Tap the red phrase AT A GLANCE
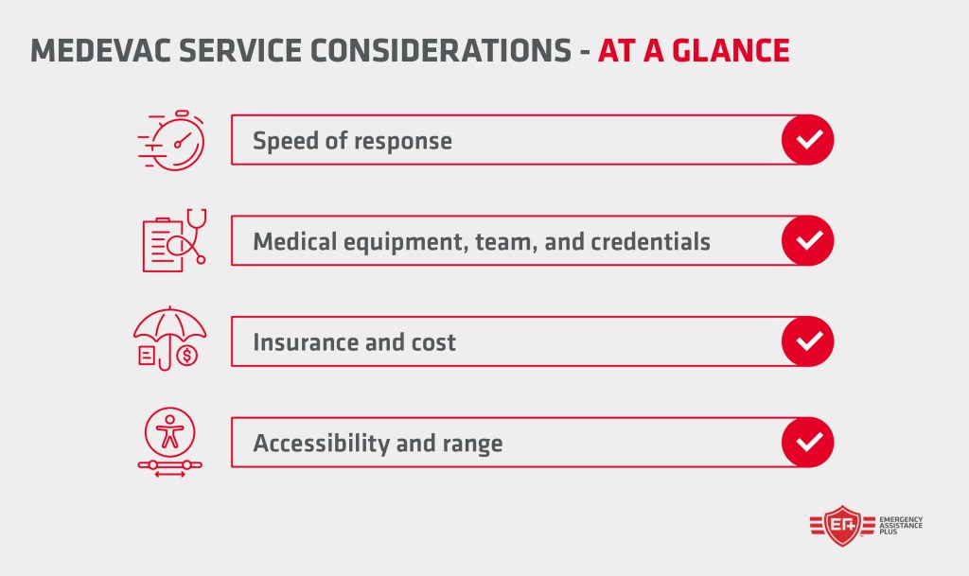point(694,51)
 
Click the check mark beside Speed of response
point(807,141)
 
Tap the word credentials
point(650,241)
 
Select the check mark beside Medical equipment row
point(807,241)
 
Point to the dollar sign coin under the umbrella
point(188,356)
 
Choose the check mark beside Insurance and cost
point(807,341)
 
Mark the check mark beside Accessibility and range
point(807,442)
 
